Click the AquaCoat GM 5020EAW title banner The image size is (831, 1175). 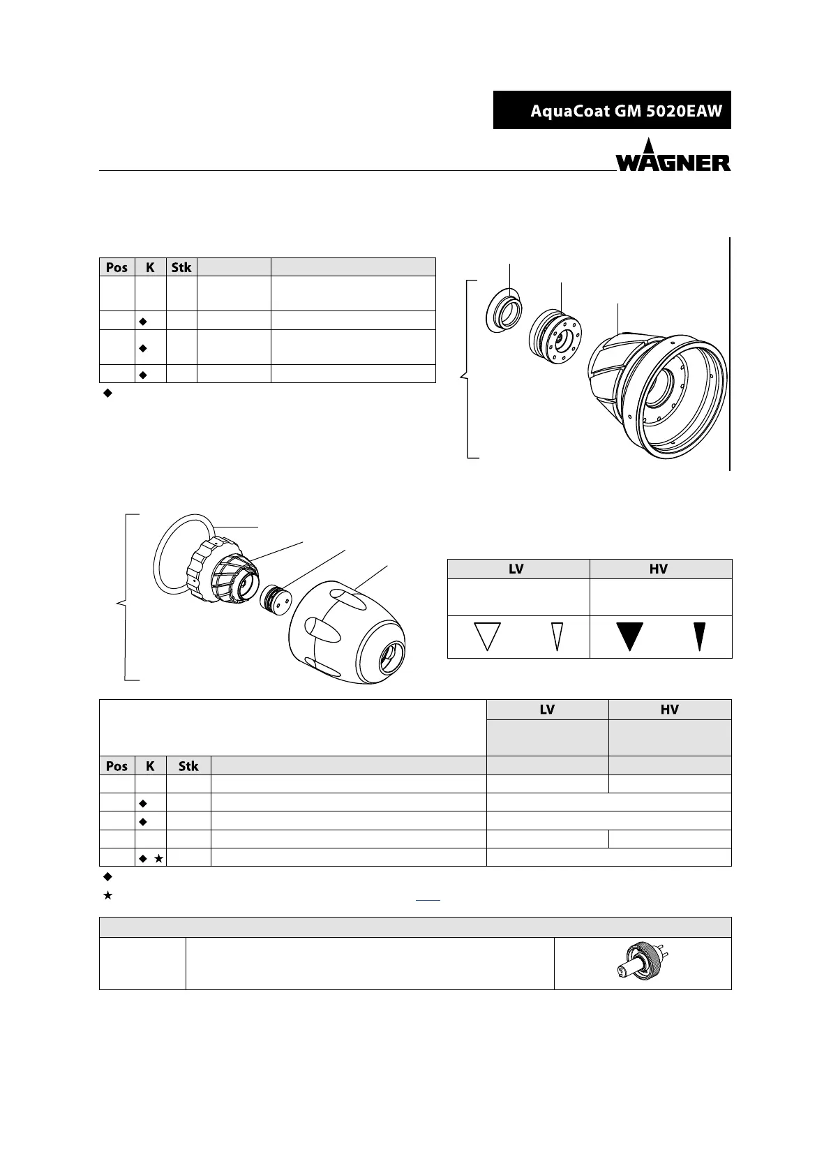point(612,110)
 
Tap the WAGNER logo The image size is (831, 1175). point(673,155)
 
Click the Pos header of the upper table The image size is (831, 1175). point(117,267)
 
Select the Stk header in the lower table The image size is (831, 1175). point(188,766)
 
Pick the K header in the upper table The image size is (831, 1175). point(150,267)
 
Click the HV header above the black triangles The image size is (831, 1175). point(659,569)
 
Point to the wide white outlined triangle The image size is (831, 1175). point(488,636)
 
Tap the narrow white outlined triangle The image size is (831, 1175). point(557,636)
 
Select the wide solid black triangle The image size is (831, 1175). point(629,636)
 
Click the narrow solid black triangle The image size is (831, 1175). point(699,636)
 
